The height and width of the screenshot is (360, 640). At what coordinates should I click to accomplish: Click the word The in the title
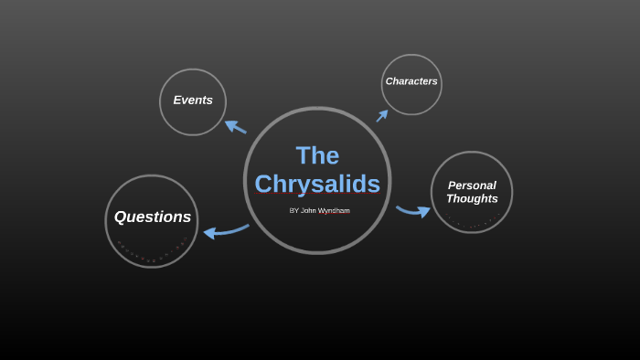pyautogui.click(x=317, y=155)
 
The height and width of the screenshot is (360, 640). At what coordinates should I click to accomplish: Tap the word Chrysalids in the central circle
pyautogui.click(x=317, y=184)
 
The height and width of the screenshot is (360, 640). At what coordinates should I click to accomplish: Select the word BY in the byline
pyautogui.click(x=293, y=210)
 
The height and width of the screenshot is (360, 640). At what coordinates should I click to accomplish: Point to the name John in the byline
pyautogui.click(x=308, y=210)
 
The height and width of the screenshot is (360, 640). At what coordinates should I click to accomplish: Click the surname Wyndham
pyautogui.click(x=334, y=210)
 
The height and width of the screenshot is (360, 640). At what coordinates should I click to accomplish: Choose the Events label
pyautogui.click(x=193, y=101)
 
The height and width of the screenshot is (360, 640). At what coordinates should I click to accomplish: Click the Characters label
pyautogui.click(x=411, y=81)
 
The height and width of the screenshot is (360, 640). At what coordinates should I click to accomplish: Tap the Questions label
pyautogui.click(x=153, y=217)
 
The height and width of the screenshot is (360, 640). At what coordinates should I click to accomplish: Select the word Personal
pyautogui.click(x=472, y=185)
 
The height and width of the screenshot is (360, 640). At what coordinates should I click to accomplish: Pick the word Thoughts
pyautogui.click(x=472, y=199)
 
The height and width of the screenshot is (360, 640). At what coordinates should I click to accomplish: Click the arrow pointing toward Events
pyautogui.click(x=235, y=127)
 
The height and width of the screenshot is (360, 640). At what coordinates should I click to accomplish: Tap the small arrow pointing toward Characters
pyautogui.click(x=382, y=115)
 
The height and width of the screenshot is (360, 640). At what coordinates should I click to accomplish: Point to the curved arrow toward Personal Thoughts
pyautogui.click(x=413, y=211)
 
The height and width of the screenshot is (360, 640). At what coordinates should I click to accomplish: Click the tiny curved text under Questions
pyautogui.click(x=152, y=253)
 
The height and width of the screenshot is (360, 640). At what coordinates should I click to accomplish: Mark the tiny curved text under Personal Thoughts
pyautogui.click(x=473, y=222)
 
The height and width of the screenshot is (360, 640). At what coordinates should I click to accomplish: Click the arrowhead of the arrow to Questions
pyautogui.click(x=209, y=233)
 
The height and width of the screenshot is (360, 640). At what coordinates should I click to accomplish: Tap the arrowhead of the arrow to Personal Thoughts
pyautogui.click(x=424, y=212)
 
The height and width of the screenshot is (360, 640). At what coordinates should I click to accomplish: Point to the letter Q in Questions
pyautogui.click(x=121, y=217)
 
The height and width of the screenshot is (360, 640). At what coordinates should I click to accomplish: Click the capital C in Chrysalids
pyautogui.click(x=264, y=184)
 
